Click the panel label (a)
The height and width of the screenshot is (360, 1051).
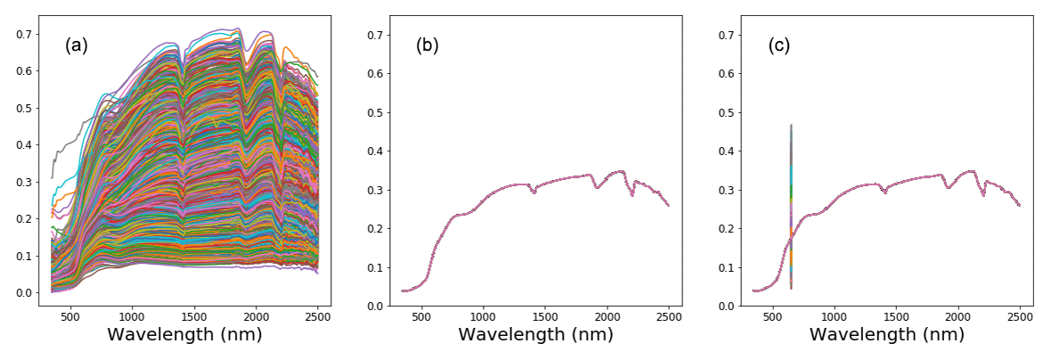[76, 46]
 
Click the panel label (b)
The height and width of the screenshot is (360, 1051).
[427, 46]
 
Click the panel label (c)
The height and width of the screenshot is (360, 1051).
[779, 46]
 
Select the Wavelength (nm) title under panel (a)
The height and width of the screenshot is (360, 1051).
[185, 335]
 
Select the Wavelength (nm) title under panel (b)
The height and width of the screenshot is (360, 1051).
[537, 335]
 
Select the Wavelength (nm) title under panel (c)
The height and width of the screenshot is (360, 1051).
[888, 335]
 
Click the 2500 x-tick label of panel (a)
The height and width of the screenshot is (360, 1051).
[318, 315]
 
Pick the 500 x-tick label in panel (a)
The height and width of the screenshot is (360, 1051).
[70, 315]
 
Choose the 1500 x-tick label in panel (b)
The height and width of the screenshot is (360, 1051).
[545, 315]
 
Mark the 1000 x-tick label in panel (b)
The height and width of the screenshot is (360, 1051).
[484, 315]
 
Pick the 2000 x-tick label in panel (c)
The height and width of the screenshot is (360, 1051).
[958, 315]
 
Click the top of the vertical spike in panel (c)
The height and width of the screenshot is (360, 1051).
[791, 125]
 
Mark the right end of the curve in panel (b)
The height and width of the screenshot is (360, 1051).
[668, 206]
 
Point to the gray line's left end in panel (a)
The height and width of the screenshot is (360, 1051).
[53, 177]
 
